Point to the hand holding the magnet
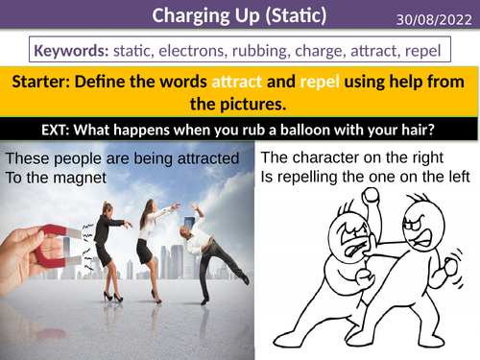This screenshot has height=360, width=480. point(24,254)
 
